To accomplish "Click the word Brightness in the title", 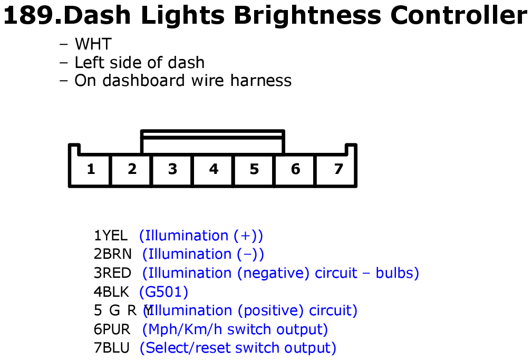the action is pos(307,15).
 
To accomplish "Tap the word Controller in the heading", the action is pos(458,15).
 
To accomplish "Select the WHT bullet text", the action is pos(93,44).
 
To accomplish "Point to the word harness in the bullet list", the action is pos(260,81).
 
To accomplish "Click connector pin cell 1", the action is pos(90,169).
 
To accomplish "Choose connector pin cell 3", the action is pos(172,169).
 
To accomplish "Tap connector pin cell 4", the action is pos(213,169).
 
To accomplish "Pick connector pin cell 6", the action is pos(295,169).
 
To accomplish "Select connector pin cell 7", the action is pos(336,169).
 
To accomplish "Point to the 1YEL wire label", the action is pos(111,236).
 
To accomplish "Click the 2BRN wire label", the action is pos(113,254).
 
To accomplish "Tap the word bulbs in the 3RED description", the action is pos(398,273).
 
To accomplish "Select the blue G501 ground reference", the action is pos(163,292).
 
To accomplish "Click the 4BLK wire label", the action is pos(111,292).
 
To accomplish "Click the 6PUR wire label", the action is pos(112,329).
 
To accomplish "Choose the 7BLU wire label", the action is pos(112,348).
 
